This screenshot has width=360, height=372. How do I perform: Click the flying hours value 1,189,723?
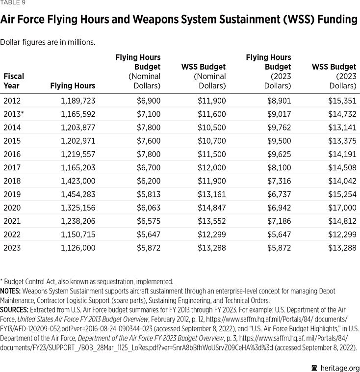click(78, 101)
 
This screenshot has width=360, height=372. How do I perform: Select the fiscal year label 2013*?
click(13, 114)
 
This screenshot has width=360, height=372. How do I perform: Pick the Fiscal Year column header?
click(13, 81)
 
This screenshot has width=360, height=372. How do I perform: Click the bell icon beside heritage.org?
click(314, 368)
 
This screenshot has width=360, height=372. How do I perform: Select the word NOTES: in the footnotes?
click(10, 291)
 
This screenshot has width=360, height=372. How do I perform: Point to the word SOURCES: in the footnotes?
click(14, 310)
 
